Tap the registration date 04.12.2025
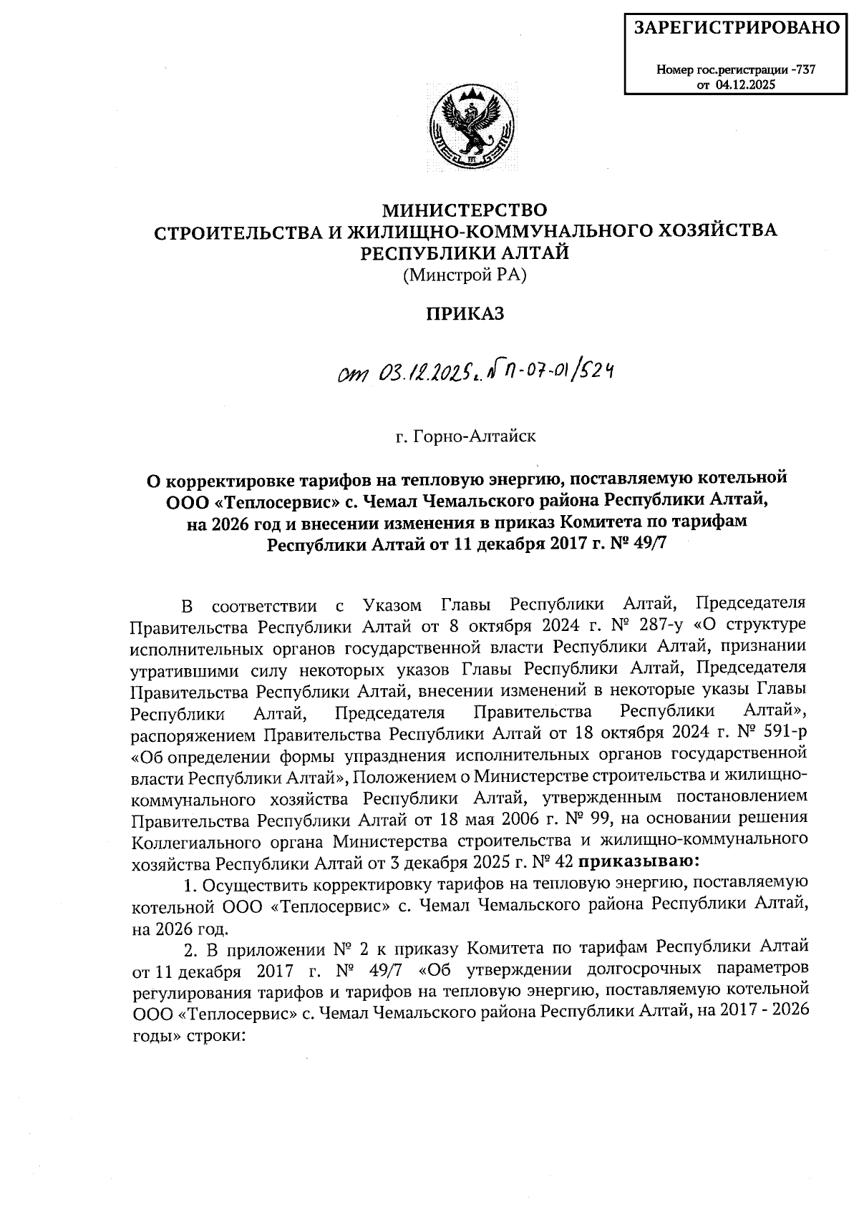click(745, 85)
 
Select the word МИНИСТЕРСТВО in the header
click(465, 210)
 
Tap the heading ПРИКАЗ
click(465, 314)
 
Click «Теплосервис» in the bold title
click(255, 499)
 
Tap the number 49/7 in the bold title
click(649, 545)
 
